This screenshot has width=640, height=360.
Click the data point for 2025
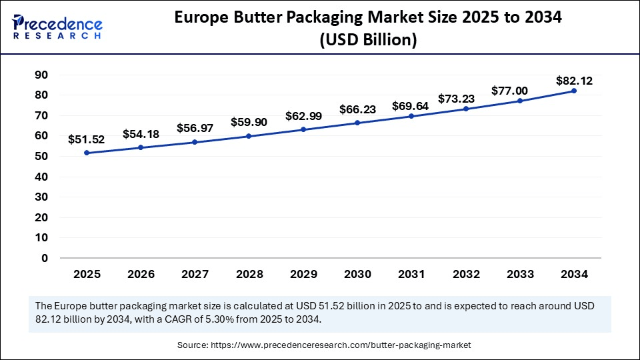click(87, 153)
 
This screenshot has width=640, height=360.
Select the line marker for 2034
click(574, 91)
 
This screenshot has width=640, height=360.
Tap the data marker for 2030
click(357, 123)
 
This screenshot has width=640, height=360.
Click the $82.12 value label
click(574, 81)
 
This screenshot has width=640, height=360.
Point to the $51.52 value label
click(87, 140)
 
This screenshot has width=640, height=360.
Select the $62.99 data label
click(303, 116)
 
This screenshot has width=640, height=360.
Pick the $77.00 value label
click(509, 91)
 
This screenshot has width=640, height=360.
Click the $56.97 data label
click(195, 128)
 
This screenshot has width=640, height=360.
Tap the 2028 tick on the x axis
click(249, 274)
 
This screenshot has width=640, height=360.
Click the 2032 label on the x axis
click(465, 274)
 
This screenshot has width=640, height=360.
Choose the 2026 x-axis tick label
click(141, 274)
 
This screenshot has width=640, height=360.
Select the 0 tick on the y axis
click(45, 258)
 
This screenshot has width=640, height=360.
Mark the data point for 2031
click(411, 116)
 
